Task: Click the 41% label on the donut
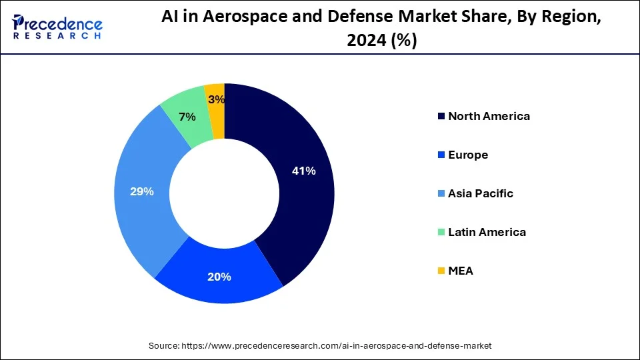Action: [303, 171]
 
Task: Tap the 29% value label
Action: [141, 191]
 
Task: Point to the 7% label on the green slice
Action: [187, 117]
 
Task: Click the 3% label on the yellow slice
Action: [216, 99]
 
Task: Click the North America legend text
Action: [489, 116]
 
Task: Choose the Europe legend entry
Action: [468, 155]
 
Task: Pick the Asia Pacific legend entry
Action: [481, 193]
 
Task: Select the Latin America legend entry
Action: [487, 232]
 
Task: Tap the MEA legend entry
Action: [461, 271]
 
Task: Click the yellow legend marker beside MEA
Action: [441, 271]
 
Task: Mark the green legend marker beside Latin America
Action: [441, 232]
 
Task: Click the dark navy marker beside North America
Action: [441, 116]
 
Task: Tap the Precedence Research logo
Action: [57, 27]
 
